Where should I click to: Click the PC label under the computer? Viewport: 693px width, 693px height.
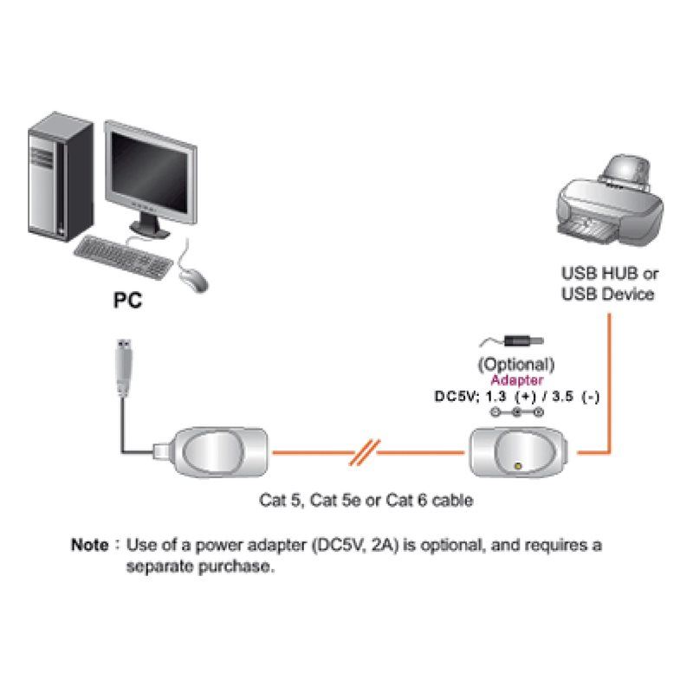pyautogui.click(x=127, y=301)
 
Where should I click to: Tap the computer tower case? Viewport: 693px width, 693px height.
pyautogui.click(x=61, y=177)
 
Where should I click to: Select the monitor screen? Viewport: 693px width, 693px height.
pyautogui.click(x=149, y=172)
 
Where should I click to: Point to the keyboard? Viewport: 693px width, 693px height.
pyautogui.click(x=123, y=257)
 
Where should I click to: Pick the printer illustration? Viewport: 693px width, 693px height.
pyautogui.click(x=610, y=201)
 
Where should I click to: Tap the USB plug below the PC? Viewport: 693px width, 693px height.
pyautogui.click(x=124, y=367)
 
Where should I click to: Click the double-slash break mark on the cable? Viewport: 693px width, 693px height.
pyautogui.click(x=365, y=452)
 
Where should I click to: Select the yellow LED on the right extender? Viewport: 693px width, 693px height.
pyautogui.click(x=518, y=466)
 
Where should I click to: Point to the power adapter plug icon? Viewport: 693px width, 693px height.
pyautogui.click(x=513, y=341)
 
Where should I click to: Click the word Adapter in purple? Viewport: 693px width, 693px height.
pyautogui.click(x=517, y=380)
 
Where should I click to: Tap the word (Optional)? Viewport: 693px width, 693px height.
pyautogui.click(x=516, y=365)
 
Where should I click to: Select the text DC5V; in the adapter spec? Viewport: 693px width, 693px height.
pyautogui.click(x=457, y=397)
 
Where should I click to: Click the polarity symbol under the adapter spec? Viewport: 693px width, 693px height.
pyautogui.click(x=516, y=412)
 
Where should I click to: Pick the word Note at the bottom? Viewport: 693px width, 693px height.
pyautogui.click(x=90, y=545)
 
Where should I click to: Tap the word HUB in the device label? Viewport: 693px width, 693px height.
pyautogui.click(x=619, y=274)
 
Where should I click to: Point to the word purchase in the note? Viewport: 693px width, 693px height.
pyautogui.click(x=236, y=567)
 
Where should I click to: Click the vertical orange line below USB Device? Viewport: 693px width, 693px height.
pyautogui.click(x=609, y=383)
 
